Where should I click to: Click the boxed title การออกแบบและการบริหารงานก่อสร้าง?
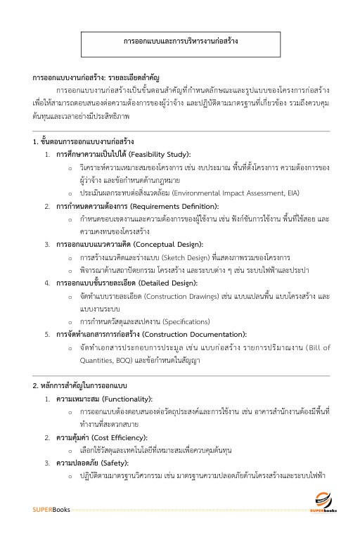[180, 41]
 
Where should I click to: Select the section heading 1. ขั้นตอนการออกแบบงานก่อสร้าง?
[83, 142]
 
